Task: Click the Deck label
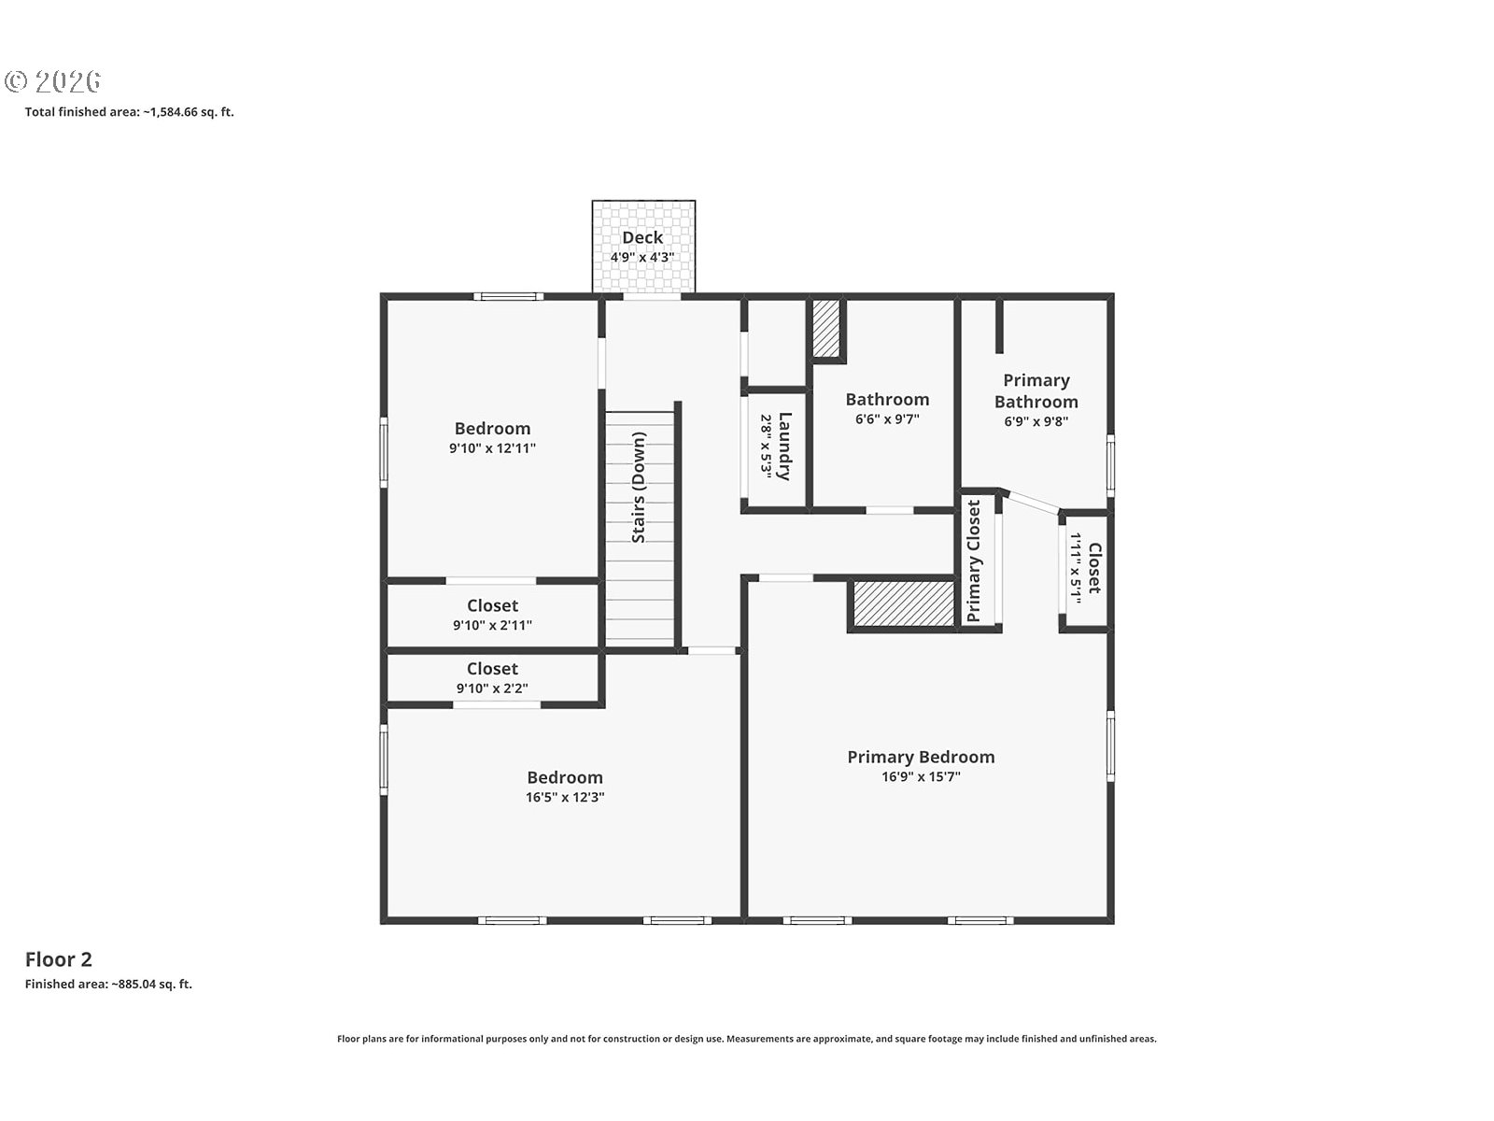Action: point(642,237)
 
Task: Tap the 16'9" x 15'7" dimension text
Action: point(921,776)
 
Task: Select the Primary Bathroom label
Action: point(1036,390)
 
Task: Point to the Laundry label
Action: point(784,446)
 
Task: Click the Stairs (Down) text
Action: point(639,488)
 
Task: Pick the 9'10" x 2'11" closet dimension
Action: point(493,626)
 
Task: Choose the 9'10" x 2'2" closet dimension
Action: point(492,688)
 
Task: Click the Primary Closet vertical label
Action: point(974,561)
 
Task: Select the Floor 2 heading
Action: point(59,959)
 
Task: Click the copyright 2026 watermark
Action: point(53,81)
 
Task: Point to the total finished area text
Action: point(129,111)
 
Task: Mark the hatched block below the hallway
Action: point(904,603)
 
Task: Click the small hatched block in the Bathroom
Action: point(826,328)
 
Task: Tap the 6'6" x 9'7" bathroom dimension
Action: point(887,419)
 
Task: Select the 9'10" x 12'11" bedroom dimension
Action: point(492,448)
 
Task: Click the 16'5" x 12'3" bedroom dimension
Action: point(565,797)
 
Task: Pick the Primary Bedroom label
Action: point(921,757)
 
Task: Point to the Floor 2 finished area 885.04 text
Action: point(109,985)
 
